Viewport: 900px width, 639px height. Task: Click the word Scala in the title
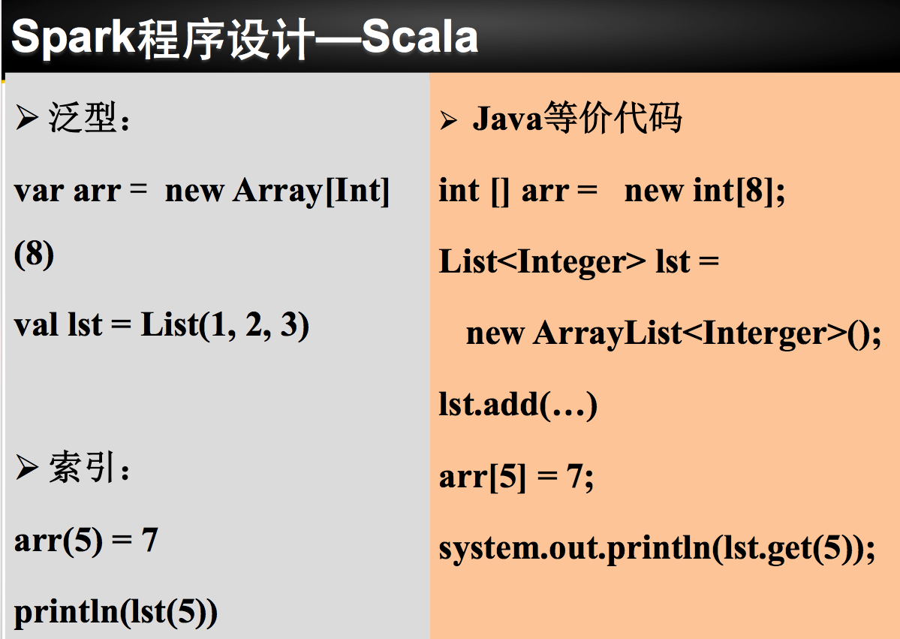420,38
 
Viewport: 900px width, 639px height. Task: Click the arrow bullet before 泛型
27,119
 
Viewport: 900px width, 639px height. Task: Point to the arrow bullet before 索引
27,469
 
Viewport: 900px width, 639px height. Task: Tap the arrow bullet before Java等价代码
449,120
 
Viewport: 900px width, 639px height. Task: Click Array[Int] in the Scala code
312,191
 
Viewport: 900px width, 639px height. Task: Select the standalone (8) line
34,255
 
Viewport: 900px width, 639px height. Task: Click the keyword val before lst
37,325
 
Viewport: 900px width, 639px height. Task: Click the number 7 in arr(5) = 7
149,540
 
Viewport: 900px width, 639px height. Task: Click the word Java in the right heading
507,119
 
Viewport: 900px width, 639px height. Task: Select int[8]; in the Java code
739,191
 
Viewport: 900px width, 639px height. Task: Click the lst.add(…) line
518,405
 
